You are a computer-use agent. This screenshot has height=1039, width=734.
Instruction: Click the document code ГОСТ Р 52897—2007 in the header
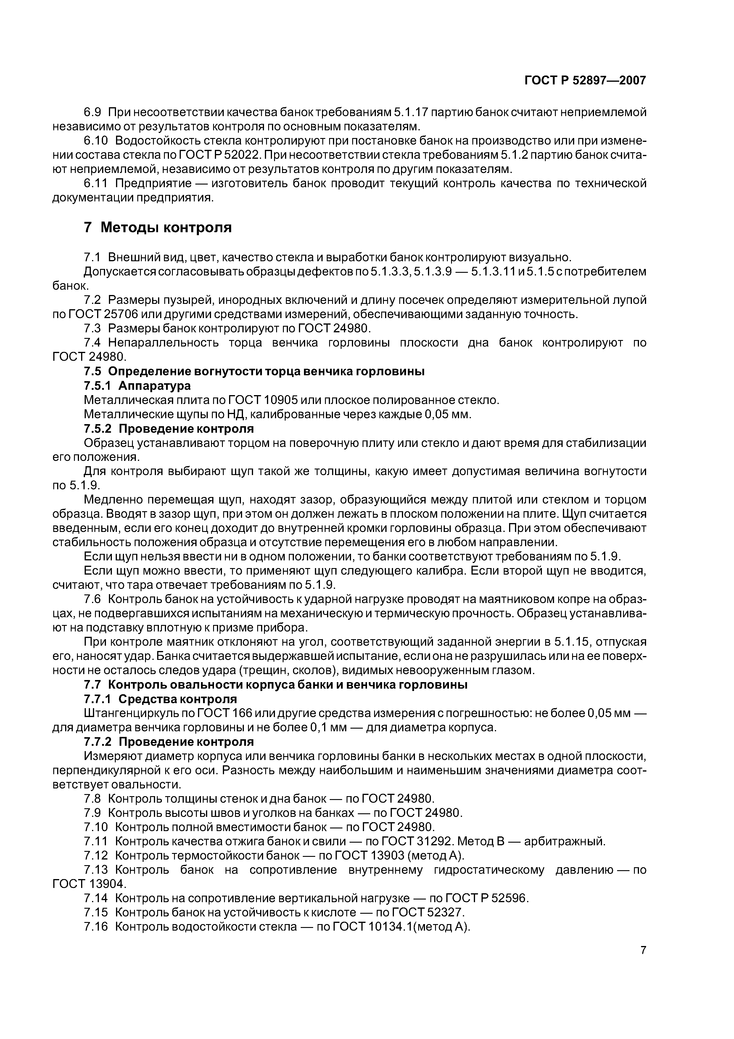click(x=585, y=81)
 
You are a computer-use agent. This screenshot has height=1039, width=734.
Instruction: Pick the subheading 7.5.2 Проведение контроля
click(x=169, y=428)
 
